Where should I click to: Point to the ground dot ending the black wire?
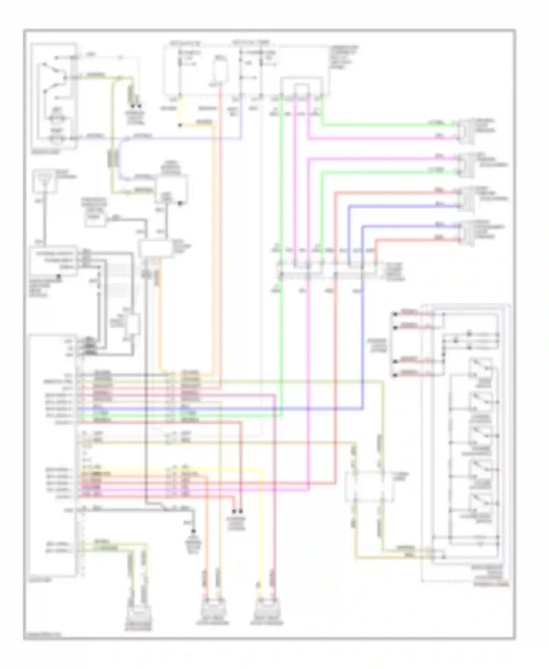pyautogui.click(x=194, y=531)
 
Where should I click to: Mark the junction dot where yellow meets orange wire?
pyautogui.click(x=180, y=126)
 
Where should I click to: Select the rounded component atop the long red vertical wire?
pyautogui.click(x=220, y=71)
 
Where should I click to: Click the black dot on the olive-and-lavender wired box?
pyautogui.click(x=180, y=203)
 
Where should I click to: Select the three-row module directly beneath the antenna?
pyautogui.click(x=53, y=260)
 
